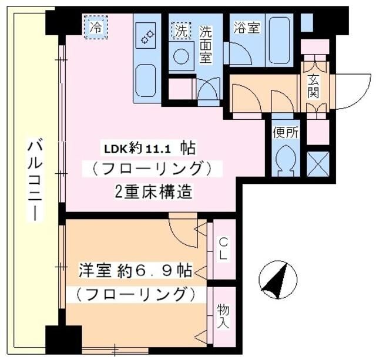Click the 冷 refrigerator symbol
pos(96,26)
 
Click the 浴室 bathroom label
pos(247,28)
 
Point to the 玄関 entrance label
pos(313,86)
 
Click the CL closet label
pos(223,248)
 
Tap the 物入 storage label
pos(223,315)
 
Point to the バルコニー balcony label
pos(35,179)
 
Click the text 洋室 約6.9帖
pos(135,271)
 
